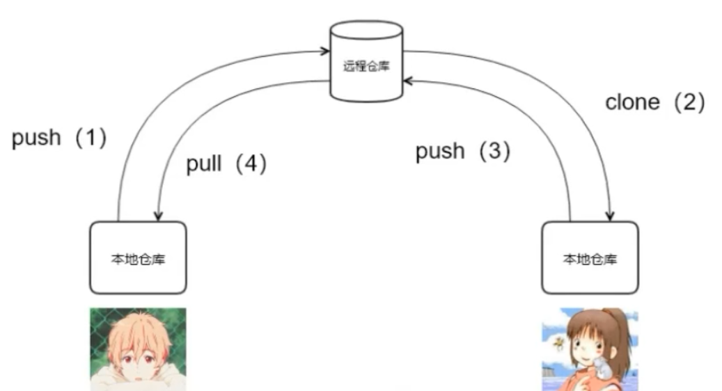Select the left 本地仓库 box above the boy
pyautogui.click(x=138, y=257)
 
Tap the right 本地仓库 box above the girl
pyautogui.click(x=590, y=257)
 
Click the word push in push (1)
pyautogui.click(x=36, y=138)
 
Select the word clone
pyautogui.click(x=632, y=103)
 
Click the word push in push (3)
pyautogui.click(x=439, y=151)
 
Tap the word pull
pyautogui.click(x=204, y=165)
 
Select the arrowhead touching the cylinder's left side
pyautogui.click(x=324, y=51)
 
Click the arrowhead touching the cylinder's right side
pyautogui.click(x=408, y=81)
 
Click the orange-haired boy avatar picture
pyautogui.click(x=138, y=348)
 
